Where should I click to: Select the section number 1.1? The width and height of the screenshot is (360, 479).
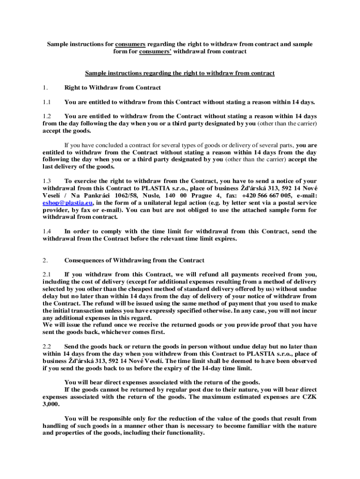[46, 102]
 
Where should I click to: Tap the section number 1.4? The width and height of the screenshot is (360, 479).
[46, 231]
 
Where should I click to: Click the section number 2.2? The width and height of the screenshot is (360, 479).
[46, 347]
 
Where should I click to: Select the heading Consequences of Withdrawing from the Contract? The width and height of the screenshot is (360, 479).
[134, 260]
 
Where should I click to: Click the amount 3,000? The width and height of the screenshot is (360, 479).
[50, 404]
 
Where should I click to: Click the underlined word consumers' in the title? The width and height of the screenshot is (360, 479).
[155, 51]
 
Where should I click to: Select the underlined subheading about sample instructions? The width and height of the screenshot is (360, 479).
[180, 73]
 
